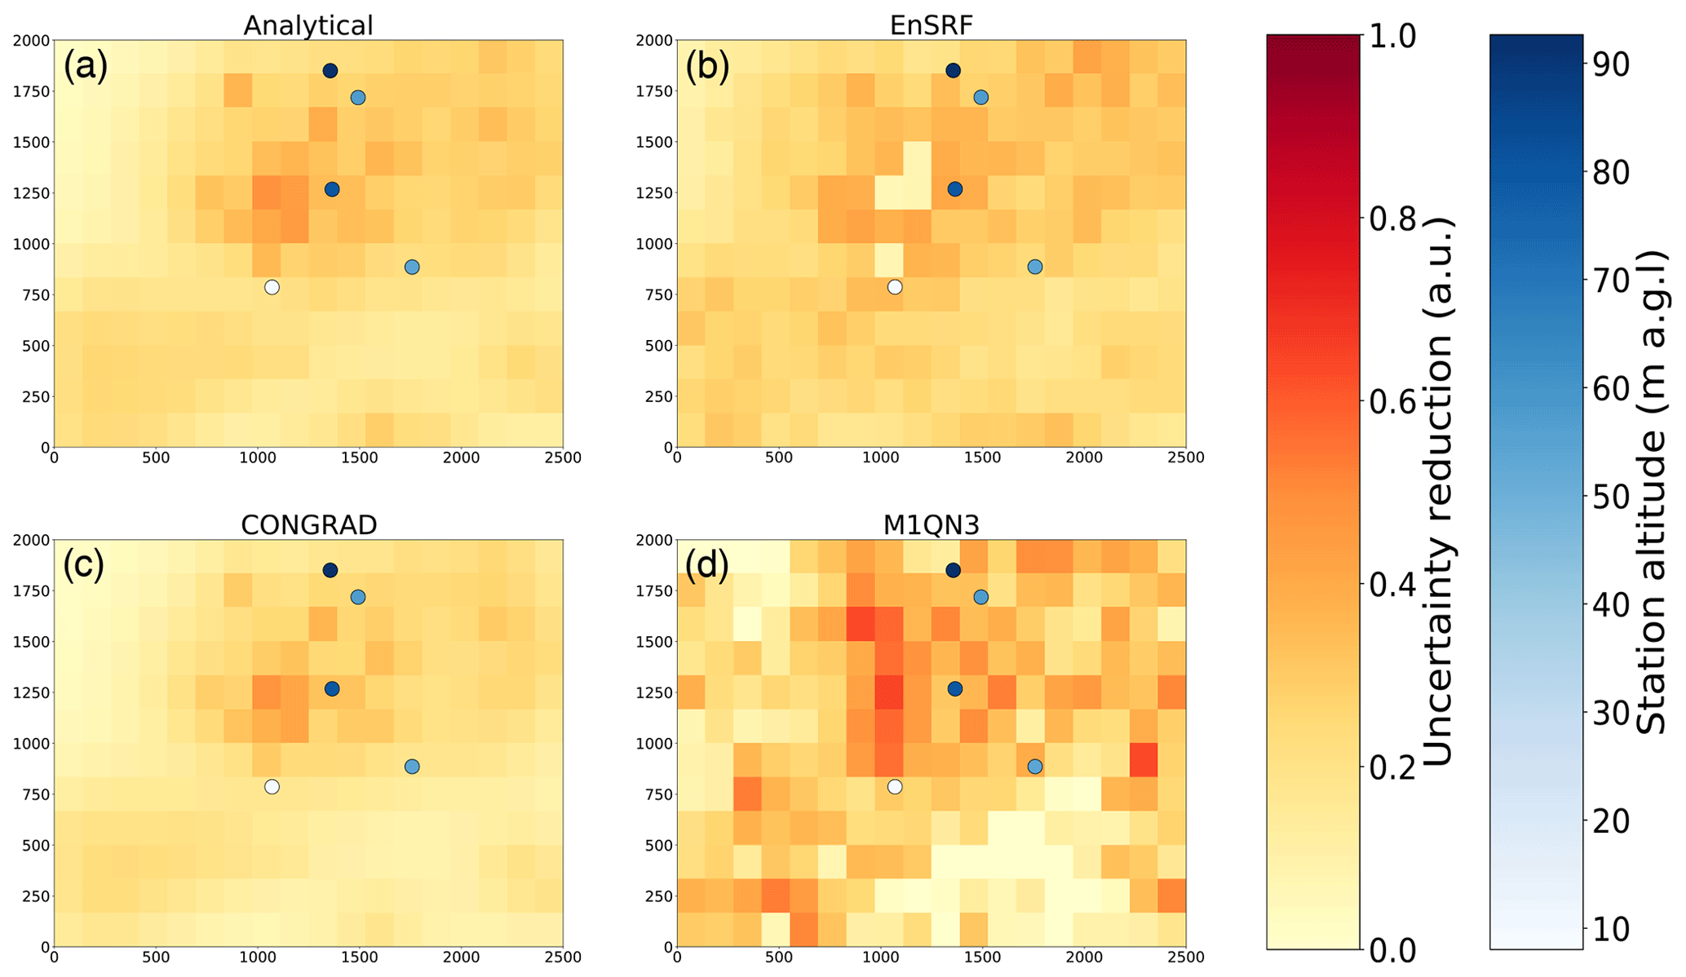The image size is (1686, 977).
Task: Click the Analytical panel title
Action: tap(308, 25)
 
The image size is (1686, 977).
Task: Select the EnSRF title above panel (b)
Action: tap(931, 25)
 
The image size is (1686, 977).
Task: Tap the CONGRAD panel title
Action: tap(308, 525)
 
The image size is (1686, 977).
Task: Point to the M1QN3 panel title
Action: tap(931, 525)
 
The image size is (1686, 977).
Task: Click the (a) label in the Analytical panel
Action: tap(86, 66)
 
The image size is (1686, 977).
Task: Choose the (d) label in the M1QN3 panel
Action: tap(707, 565)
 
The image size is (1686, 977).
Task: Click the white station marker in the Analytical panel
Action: tap(272, 287)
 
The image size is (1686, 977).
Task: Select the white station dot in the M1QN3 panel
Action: tap(895, 786)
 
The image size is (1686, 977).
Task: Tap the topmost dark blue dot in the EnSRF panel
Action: tap(953, 71)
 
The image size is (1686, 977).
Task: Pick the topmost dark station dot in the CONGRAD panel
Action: tap(330, 570)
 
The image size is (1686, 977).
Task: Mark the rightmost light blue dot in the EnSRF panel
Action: tap(1034, 267)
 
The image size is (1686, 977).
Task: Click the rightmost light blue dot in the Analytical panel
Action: tap(412, 267)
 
